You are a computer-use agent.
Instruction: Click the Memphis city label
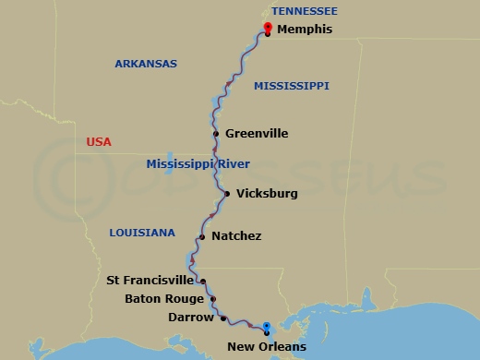click(x=305, y=30)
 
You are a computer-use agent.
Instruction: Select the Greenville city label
click(x=257, y=134)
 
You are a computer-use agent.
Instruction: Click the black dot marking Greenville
click(x=215, y=134)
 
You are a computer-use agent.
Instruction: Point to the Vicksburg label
click(x=267, y=194)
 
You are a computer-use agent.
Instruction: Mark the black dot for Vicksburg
click(x=227, y=194)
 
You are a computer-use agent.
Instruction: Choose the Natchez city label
click(x=236, y=236)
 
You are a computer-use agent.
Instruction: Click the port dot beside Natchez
click(x=201, y=236)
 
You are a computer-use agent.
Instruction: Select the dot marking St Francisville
click(x=203, y=282)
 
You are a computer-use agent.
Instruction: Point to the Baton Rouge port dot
click(x=213, y=299)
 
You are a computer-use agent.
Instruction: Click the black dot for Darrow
click(x=223, y=318)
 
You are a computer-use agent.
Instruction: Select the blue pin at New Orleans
click(x=266, y=327)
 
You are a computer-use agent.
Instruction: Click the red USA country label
click(x=99, y=142)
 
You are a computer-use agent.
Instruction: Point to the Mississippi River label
click(x=198, y=164)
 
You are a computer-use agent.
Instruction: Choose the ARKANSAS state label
click(x=145, y=64)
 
